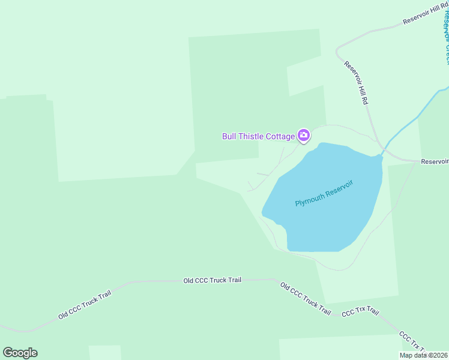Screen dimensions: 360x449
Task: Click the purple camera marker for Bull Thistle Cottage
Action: (x=304, y=136)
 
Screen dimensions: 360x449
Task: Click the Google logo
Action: (x=20, y=352)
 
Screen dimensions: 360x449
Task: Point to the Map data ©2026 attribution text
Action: (x=424, y=355)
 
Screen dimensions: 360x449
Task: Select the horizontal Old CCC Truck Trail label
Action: (x=212, y=280)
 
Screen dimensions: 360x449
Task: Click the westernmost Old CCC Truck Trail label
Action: (x=85, y=305)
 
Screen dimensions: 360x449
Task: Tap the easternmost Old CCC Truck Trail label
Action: (x=306, y=298)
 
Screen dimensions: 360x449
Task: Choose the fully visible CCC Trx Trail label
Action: (x=360, y=312)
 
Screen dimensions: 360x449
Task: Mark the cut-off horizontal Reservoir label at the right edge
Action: (x=435, y=161)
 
